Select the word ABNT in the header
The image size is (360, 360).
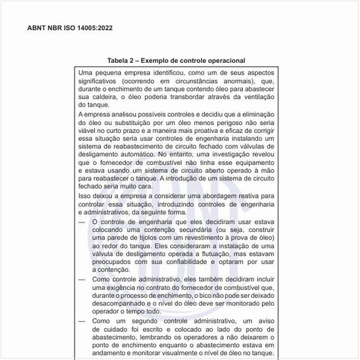(x=37, y=28)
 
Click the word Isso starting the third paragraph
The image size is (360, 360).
(x=84, y=195)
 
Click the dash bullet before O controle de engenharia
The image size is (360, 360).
(x=81, y=222)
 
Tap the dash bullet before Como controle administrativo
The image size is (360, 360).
(x=81, y=278)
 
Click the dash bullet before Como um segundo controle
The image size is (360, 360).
(x=81, y=321)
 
